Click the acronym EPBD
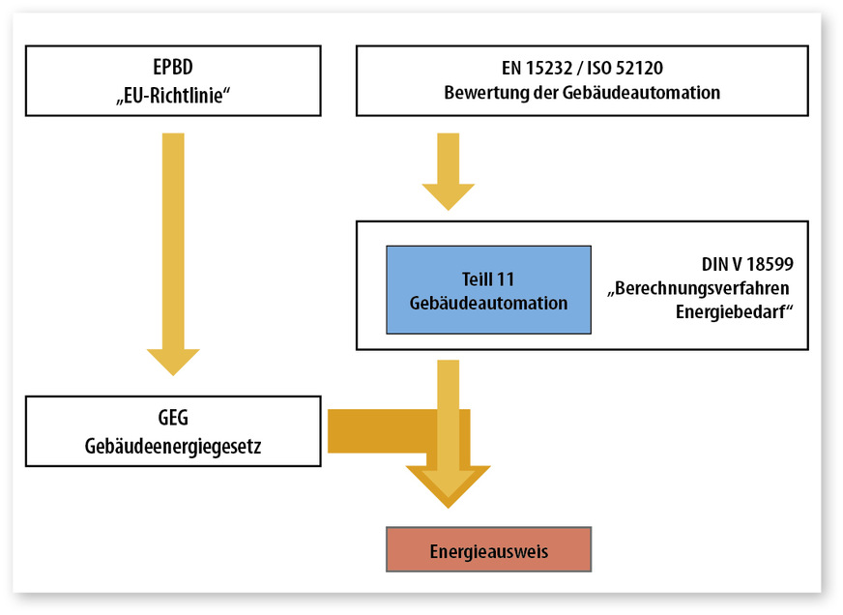point(173,69)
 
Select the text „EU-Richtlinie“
point(173,94)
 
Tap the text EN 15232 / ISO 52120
point(582,69)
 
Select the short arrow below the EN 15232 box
point(448,169)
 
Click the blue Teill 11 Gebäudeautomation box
point(488,289)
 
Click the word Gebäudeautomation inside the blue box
point(488,303)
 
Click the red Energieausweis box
point(488,550)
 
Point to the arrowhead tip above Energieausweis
point(448,505)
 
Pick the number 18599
point(770,264)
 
